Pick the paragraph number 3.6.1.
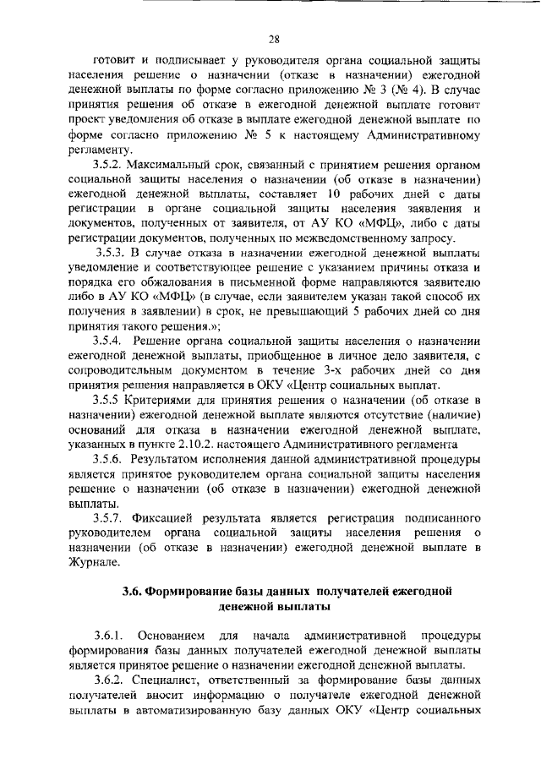pyautogui.click(x=110, y=634)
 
